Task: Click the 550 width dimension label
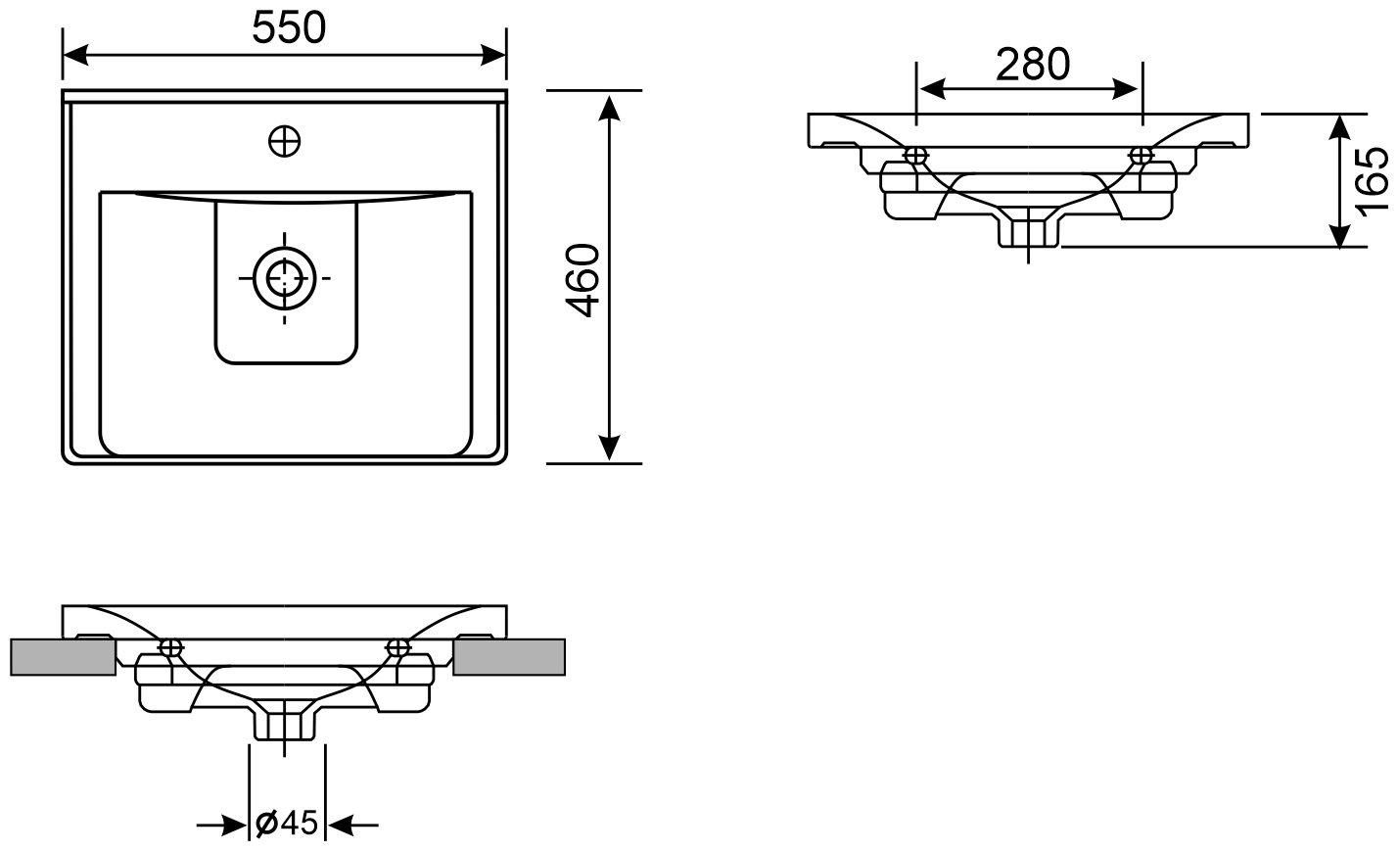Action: (x=289, y=28)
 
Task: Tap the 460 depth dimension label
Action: (x=582, y=280)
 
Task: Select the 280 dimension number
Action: (x=1033, y=65)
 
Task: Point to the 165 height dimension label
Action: (x=1373, y=182)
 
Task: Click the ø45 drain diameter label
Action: (x=287, y=824)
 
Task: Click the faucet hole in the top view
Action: (x=285, y=142)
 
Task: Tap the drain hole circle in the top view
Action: (x=285, y=278)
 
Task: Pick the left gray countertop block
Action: (x=63, y=657)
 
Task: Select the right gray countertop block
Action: (x=509, y=657)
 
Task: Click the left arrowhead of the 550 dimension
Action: (x=74, y=54)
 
